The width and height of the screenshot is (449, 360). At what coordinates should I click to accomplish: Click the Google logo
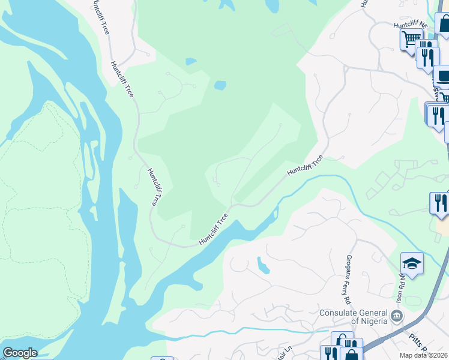click(x=19, y=353)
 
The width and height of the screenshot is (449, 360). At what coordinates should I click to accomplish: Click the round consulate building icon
click(x=396, y=316)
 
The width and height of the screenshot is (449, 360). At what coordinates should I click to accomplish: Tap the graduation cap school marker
click(x=412, y=263)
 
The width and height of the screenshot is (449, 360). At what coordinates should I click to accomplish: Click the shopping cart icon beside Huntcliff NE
click(x=411, y=40)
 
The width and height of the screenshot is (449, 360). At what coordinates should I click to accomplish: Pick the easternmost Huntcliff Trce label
click(x=305, y=165)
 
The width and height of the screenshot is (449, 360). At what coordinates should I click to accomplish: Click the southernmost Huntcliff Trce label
click(x=213, y=229)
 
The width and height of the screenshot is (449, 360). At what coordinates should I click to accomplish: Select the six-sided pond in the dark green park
click(x=220, y=85)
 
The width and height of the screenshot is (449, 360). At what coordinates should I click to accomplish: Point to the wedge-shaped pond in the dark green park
click(x=191, y=61)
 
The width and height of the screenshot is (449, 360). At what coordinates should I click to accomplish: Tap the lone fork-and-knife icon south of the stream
click(x=439, y=203)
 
